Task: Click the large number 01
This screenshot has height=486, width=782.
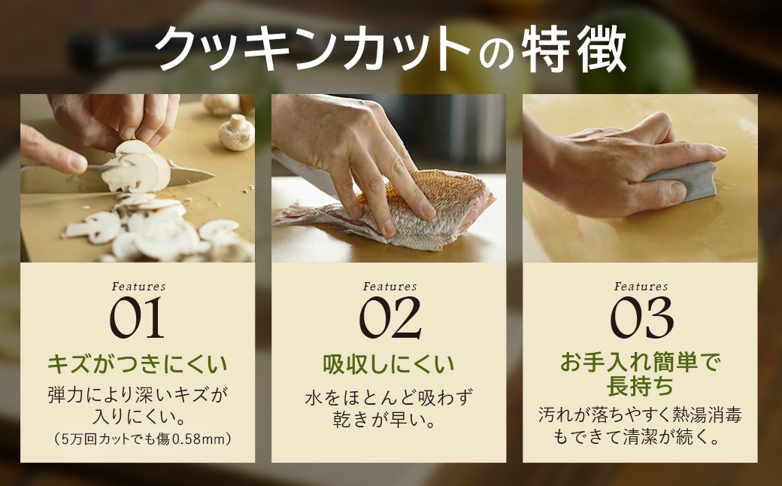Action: point(137,317)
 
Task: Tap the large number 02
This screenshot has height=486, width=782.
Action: point(390,317)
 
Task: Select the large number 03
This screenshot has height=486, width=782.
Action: point(642,317)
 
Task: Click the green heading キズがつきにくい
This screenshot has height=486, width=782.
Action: point(137,364)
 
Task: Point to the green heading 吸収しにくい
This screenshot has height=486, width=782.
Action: point(389,364)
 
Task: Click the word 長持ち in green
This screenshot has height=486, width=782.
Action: point(641,386)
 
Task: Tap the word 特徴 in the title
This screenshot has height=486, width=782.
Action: point(574,50)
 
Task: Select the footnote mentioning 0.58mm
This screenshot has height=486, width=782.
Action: point(142,439)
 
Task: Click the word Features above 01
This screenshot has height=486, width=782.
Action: point(138,287)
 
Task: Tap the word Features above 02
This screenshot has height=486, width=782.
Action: point(390,287)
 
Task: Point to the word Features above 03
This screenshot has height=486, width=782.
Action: point(641,287)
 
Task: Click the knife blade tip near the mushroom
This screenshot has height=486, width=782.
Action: point(214,175)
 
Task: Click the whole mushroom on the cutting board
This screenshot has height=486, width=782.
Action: point(236,132)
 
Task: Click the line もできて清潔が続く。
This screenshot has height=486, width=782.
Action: point(641,437)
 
